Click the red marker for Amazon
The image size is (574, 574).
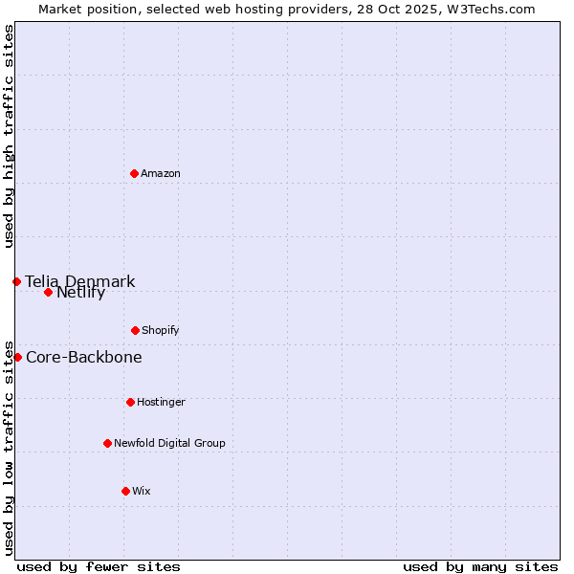pos(134,173)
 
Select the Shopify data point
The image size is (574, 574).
pos(135,330)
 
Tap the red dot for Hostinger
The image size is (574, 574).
pos(130,402)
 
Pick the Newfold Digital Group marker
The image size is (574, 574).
pos(107,443)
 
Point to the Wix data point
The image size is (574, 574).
pos(125,491)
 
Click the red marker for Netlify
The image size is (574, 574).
pos(48,292)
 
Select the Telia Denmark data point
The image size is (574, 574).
pos(16,281)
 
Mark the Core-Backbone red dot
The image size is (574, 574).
pos(17,357)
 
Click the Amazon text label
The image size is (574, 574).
pos(161,173)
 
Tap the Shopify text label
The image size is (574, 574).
pos(161,330)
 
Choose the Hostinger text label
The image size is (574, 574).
pos(161,402)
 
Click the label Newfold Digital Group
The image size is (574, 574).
pos(169,443)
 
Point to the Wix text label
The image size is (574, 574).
pos(142,491)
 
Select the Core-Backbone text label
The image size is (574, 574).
pos(84,357)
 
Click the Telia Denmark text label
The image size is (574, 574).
pos(80,281)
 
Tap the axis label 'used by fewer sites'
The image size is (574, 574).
pos(99,566)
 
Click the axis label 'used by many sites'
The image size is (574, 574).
pos(480,566)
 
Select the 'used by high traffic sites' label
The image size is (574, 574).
pos(9,136)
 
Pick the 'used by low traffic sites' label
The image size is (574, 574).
pos(9,447)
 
